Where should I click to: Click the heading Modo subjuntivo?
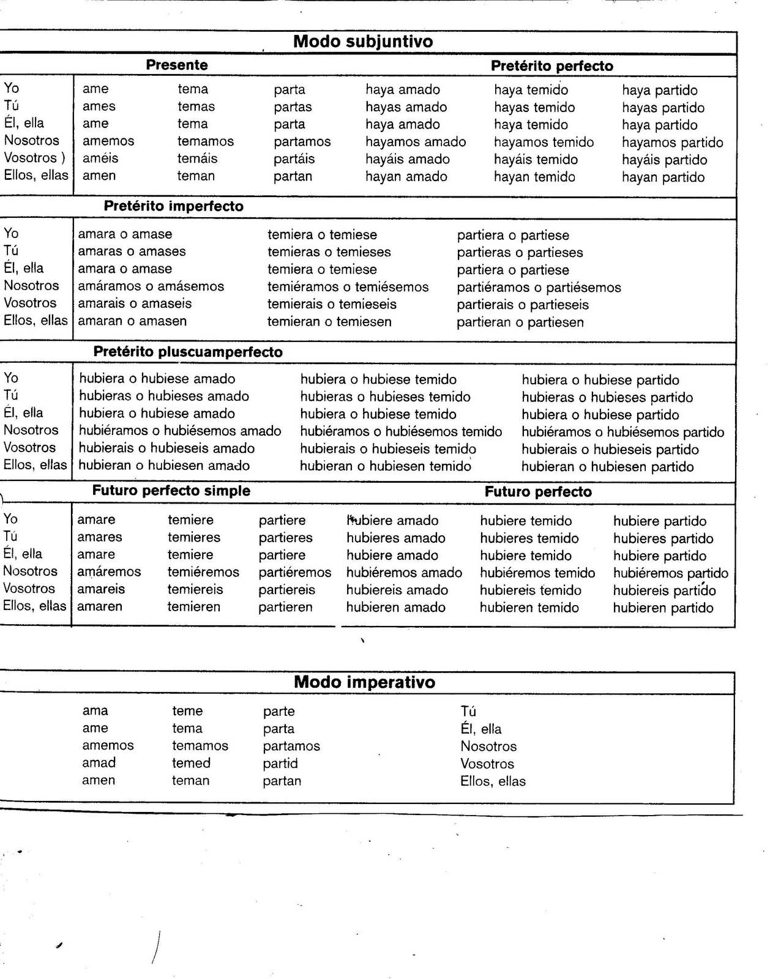tap(363, 42)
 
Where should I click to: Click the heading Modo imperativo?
tap(364, 682)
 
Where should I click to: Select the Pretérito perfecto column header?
tap(551, 66)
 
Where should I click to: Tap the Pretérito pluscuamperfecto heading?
tap(188, 352)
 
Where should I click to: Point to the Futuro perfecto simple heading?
tap(171, 491)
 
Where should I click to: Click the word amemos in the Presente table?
tap(108, 141)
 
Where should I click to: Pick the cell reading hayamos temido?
tap(544, 142)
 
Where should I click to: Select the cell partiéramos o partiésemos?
tap(539, 288)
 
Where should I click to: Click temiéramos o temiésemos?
tap(348, 287)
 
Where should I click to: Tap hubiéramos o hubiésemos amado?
tap(180, 431)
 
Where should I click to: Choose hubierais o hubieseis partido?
tap(610, 450)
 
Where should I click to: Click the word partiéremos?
tap(294, 573)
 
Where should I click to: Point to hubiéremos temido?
tap(537, 573)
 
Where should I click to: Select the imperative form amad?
tap(99, 763)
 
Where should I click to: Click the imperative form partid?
tap(280, 764)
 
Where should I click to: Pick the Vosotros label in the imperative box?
tap(487, 764)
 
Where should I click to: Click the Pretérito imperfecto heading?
tap(173, 206)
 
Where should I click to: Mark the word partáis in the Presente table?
tap(294, 158)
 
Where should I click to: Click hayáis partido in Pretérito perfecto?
tap(664, 160)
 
